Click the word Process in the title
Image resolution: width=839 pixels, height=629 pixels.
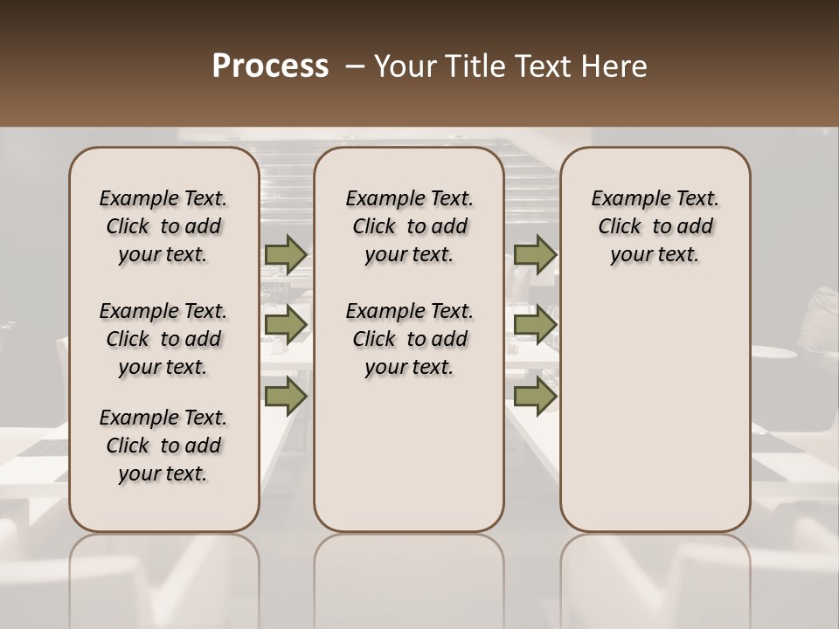(270, 66)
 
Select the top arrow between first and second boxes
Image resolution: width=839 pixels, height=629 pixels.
(286, 254)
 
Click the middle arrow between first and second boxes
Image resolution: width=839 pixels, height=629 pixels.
(286, 325)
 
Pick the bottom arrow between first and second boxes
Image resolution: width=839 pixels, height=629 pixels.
(286, 396)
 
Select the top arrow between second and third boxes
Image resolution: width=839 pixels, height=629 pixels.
(535, 254)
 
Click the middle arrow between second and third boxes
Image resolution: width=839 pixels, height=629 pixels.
(535, 325)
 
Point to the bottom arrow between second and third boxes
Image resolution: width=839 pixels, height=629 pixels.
(535, 396)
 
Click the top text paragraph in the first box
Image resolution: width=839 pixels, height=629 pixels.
(163, 226)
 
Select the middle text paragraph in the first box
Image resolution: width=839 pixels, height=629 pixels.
(163, 339)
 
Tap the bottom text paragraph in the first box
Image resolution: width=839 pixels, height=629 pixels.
(163, 446)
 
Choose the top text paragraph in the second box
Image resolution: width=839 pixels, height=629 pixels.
(410, 226)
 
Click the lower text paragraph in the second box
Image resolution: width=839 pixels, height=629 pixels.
(410, 339)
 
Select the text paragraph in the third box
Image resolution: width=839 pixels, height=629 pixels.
(655, 226)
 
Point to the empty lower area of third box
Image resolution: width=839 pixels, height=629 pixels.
(655, 402)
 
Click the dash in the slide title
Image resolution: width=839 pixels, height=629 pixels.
(354, 66)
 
